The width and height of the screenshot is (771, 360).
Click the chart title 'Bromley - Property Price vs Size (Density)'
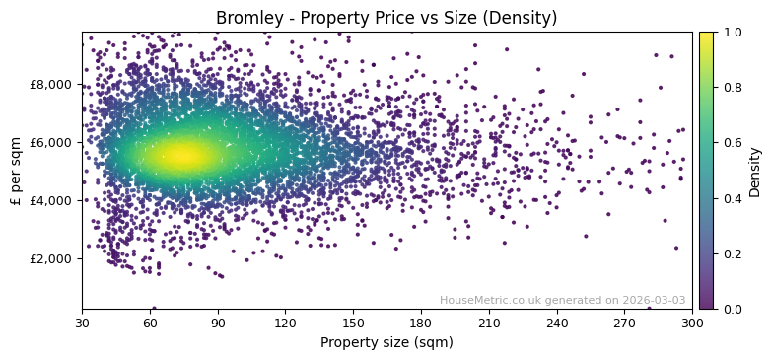pyautogui.click(x=386, y=18)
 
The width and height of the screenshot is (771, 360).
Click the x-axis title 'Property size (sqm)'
pyautogui.click(x=386, y=343)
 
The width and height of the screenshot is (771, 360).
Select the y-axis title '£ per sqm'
pyautogui.click(x=17, y=170)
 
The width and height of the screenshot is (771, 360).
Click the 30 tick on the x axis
pyautogui.click(x=82, y=323)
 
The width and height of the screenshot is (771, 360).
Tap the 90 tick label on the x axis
pyautogui.click(x=218, y=323)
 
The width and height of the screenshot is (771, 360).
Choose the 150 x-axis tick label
pyautogui.click(x=353, y=323)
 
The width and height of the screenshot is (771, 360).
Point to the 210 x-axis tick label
pyautogui.click(x=489, y=323)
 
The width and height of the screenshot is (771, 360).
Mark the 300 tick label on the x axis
pyautogui.click(x=692, y=323)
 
